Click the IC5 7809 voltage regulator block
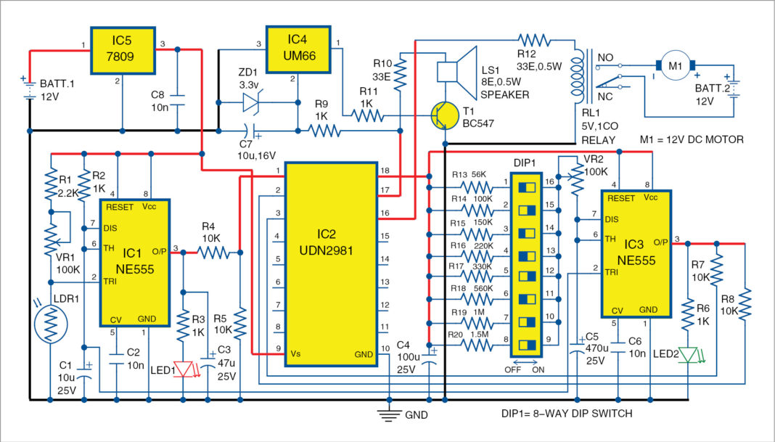tap(122, 51)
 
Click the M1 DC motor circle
tap(675, 66)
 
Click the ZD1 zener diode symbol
tap(250, 102)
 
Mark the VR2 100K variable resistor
tap(577, 181)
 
